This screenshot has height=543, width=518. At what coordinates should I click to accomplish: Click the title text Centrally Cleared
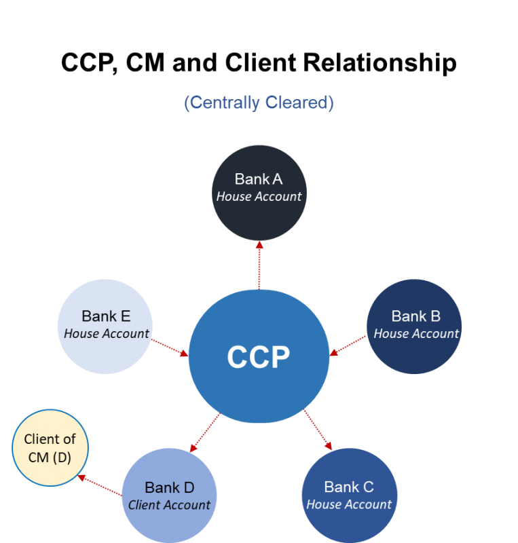pyautogui.click(x=259, y=102)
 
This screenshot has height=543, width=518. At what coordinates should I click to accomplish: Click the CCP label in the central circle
pyautogui.click(x=259, y=357)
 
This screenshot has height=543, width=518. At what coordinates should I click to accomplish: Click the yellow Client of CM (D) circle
pyautogui.click(x=50, y=448)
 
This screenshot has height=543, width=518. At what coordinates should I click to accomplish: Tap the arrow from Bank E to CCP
pyautogui.click(x=169, y=347)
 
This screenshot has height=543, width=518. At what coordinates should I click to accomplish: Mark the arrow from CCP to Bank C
pyautogui.click(x=317, y=429)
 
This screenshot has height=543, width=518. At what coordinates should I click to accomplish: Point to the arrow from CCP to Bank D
pyautogui.click(x=205, y=432)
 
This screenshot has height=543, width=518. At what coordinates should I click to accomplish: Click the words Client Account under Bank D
pyautogui.click(x=169, y=505)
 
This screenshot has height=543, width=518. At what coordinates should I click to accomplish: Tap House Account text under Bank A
pyautogui.click(x=259, y=196)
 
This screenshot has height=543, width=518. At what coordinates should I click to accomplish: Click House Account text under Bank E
pyautogui.click(x=106, y=333)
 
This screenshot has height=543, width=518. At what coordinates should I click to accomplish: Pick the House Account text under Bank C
pyautogui.click(x=349, y=504)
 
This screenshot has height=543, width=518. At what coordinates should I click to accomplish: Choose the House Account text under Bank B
pyautogui.click(x=416, y=333)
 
